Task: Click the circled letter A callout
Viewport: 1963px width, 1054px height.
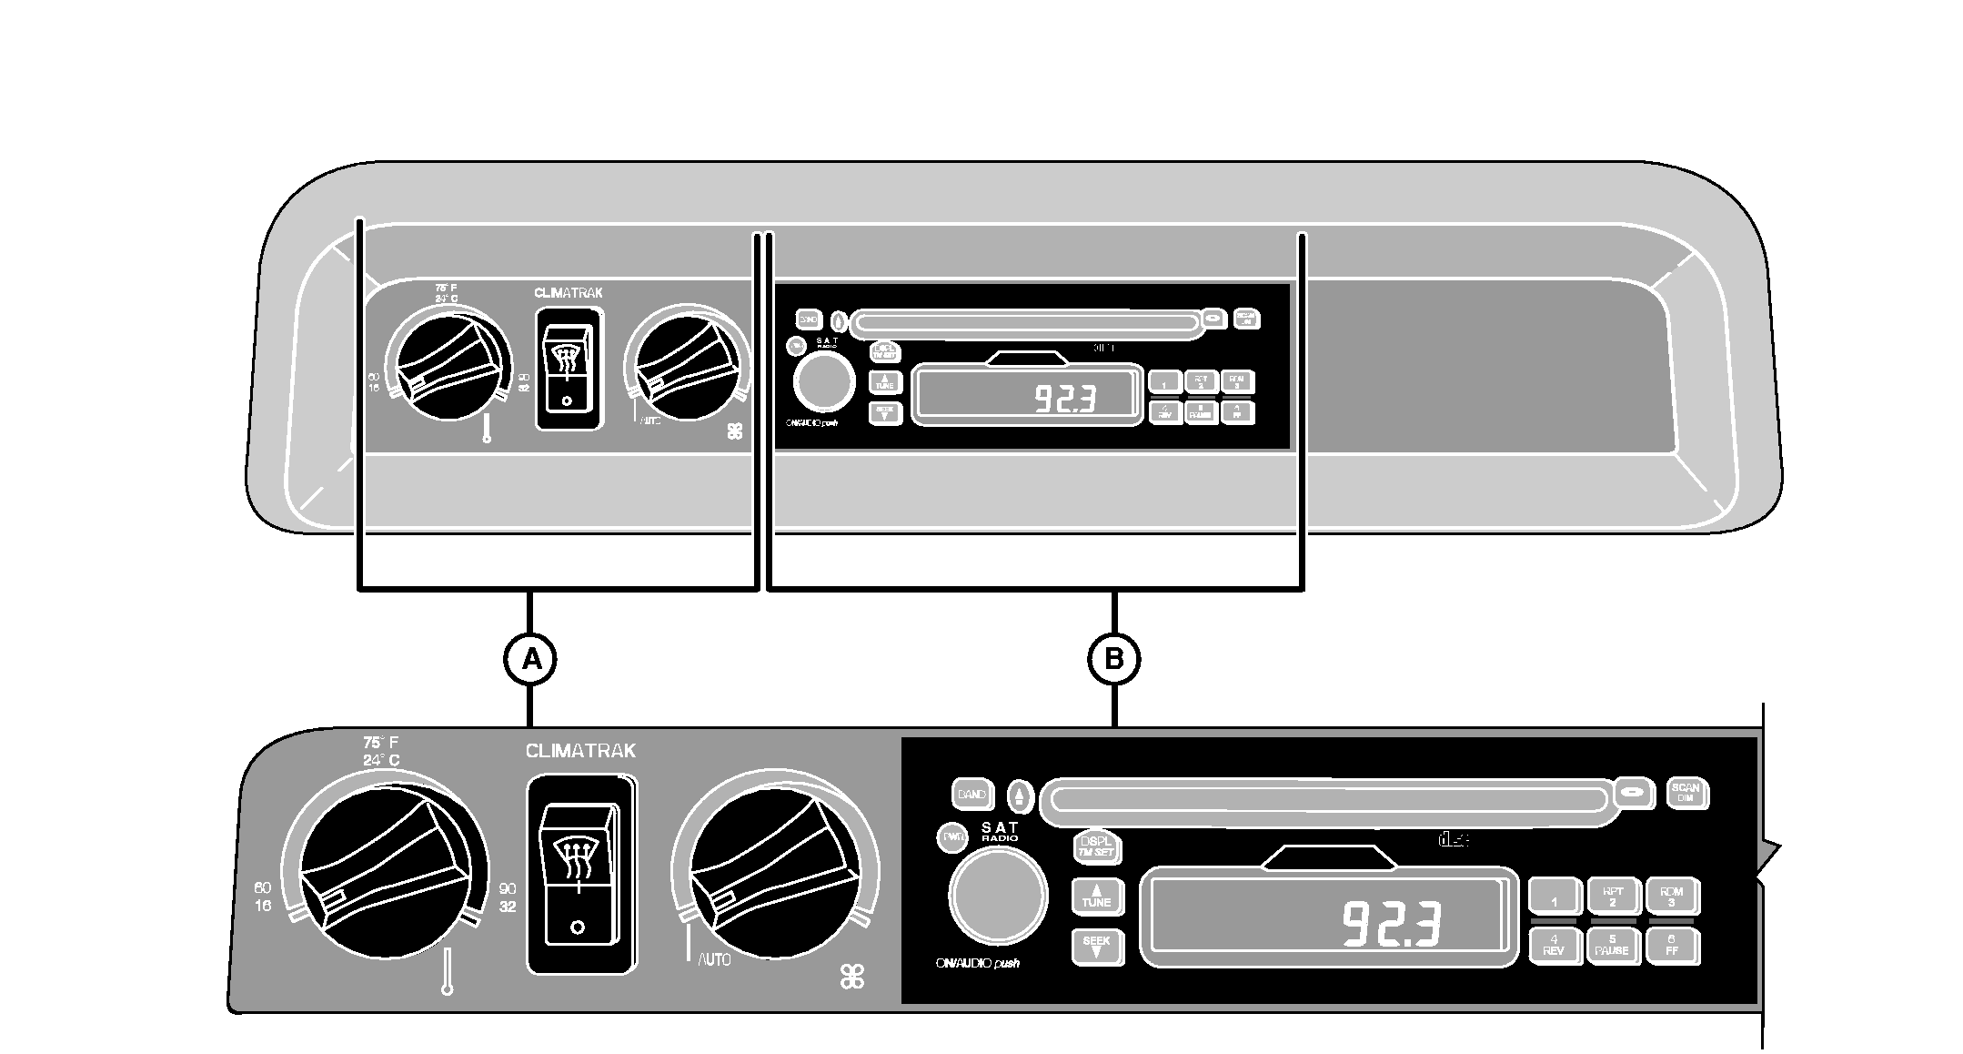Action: (529, 659)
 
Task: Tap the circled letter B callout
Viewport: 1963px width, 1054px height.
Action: (1114, 659)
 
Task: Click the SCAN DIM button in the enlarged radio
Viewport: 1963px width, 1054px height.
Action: (1686, 794)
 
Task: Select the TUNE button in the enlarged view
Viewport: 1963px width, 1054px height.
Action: (1096, 897)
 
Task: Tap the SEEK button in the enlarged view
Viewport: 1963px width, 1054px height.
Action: (1096, 947)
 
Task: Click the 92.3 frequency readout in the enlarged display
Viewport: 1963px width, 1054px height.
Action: (1392, 924)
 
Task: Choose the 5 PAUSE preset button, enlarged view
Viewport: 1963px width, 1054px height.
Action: (1612, 946)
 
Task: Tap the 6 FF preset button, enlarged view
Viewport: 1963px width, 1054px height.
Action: (1672, 946)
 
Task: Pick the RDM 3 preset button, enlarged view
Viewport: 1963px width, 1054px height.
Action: (1672, 897)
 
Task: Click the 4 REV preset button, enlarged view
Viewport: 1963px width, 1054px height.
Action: (1554, 946)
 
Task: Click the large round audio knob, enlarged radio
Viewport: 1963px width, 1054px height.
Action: (997, 896)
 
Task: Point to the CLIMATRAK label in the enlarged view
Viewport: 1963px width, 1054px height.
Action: (580, 752)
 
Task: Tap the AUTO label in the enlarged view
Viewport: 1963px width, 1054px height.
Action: (714, 960)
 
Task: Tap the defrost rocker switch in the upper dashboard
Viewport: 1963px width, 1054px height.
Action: (568, 368)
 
